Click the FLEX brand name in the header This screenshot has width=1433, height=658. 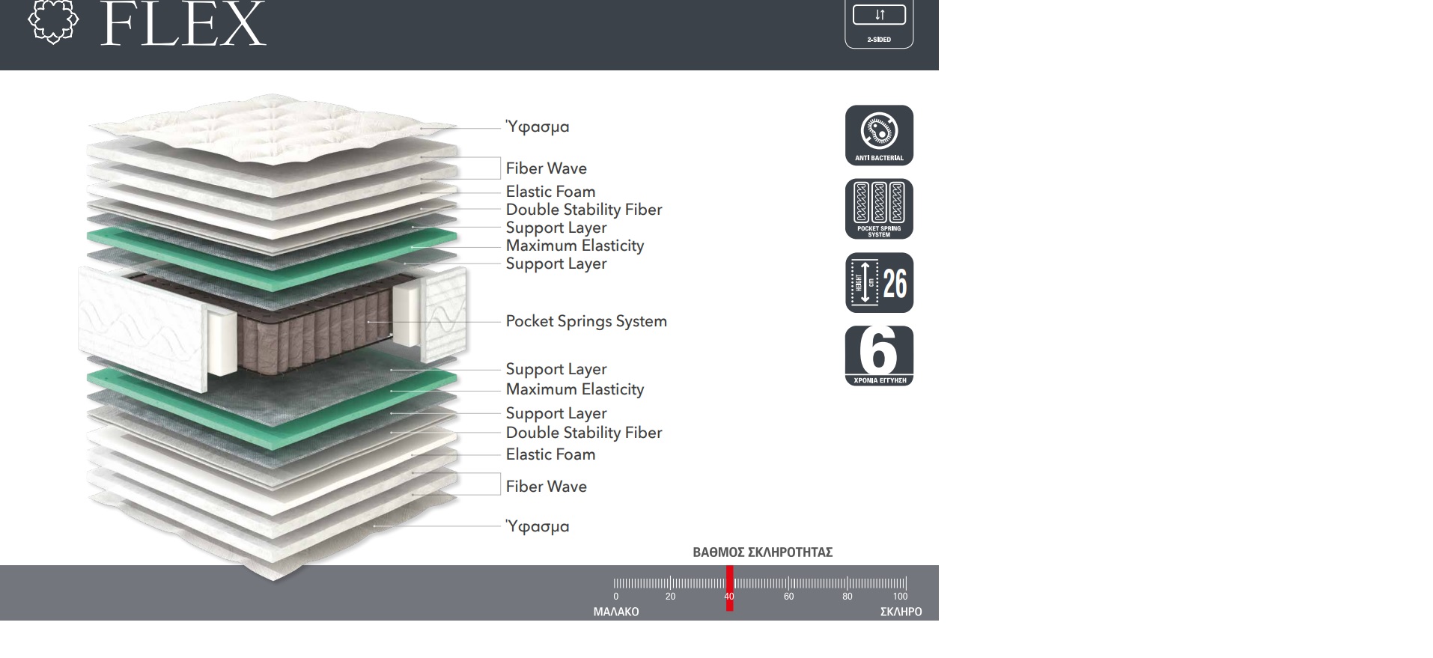[183, 25]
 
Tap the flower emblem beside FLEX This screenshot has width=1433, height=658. [52, 21]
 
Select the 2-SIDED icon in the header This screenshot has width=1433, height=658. [879, 24]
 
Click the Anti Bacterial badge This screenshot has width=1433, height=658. [879, 135]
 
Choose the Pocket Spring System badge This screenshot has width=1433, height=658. [879, 209]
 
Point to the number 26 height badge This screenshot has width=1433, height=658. [879, 283]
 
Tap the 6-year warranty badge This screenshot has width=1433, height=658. [879, 356]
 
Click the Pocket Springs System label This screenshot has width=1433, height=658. [585, 321]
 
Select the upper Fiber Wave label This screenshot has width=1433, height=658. [546, 168]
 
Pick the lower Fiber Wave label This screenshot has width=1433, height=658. [546, 487]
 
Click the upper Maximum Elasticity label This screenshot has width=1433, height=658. [574, 246]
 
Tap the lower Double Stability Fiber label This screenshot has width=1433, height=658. [583, 433]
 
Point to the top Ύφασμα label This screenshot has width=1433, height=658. [538, 127]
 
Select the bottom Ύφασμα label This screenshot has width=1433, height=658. [538, 526]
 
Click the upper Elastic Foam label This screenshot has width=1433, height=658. [550, 192]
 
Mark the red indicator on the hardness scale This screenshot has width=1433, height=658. [729, 588]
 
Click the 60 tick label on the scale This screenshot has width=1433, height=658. [788, 597]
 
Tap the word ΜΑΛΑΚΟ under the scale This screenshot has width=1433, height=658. [615, 612]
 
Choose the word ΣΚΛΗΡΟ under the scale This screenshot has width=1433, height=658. [901, 612]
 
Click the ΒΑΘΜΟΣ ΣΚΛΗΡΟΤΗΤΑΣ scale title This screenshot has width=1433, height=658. [762, 552]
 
